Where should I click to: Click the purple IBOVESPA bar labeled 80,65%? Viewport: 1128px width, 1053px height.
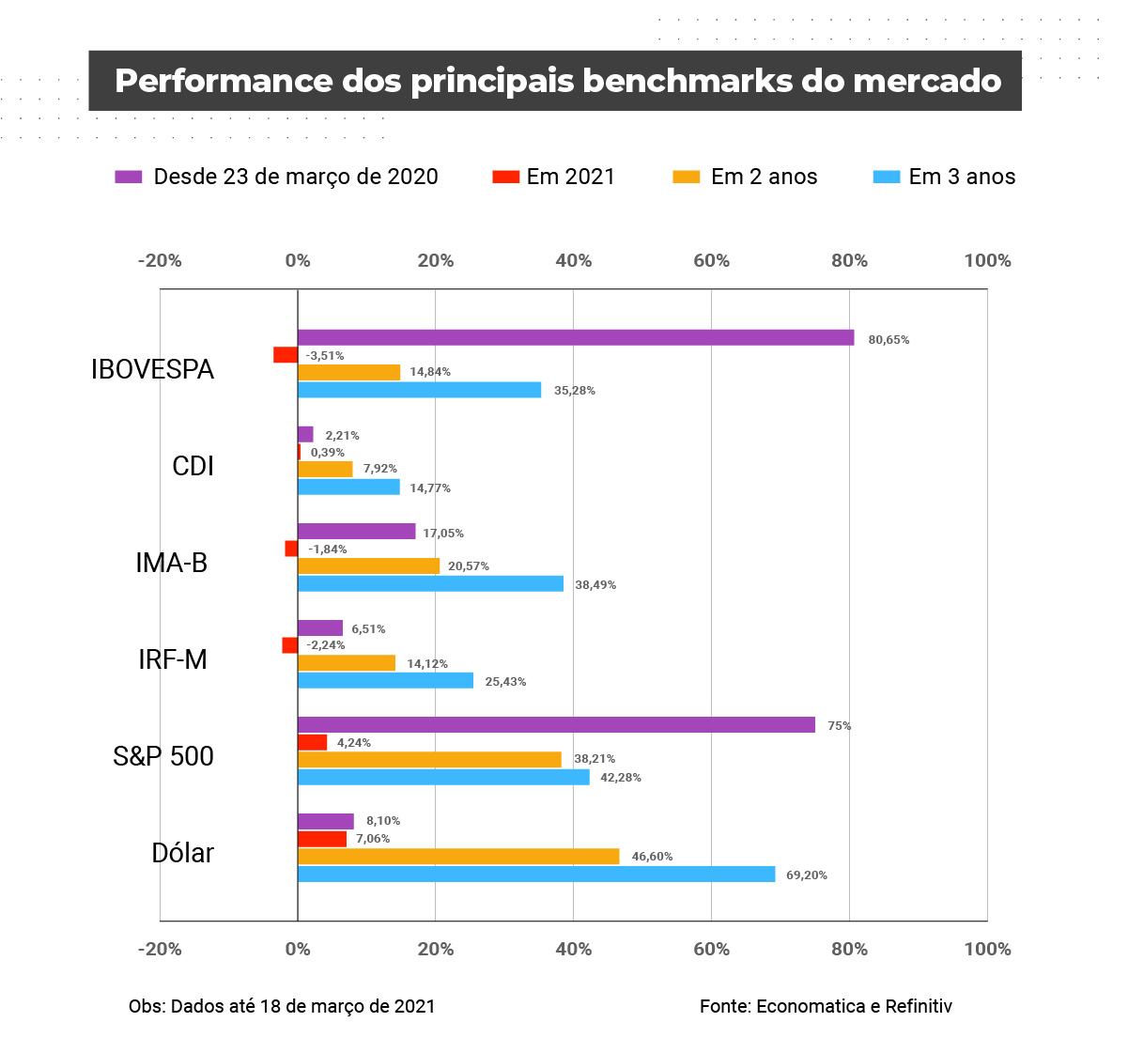(x=576, y=338)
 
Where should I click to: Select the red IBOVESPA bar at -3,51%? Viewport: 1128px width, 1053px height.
(x=286, y=355)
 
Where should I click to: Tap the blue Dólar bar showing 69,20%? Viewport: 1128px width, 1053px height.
(x=536, y=875)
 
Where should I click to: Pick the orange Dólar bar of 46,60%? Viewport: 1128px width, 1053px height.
(x=458, y=857)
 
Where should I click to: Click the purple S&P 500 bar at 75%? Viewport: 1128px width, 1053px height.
(x=556, y=725)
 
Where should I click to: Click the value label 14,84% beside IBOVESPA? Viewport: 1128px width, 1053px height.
(x=430, y=372)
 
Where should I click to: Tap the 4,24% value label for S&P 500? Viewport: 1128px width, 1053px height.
(x=354, y=743)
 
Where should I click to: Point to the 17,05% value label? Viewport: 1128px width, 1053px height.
(x=443, y=534)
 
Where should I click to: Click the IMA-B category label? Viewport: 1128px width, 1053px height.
(x=171, y=563)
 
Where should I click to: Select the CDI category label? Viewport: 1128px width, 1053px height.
(x=193, y=466)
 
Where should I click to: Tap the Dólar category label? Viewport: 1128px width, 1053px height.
(x=182, y=853)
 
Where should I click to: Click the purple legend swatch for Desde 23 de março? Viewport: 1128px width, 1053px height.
(x=129, y=177)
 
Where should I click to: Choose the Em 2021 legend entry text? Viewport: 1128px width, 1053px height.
(x=570, y=177)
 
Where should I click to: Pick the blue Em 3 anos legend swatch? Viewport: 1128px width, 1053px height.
(x=887, y=177)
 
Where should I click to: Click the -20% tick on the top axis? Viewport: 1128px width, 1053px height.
(x=160, y=261)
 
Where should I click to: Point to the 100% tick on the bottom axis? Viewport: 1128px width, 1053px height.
(x=987, y=949)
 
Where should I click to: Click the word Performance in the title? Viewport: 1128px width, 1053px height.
(x=223, y=81)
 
